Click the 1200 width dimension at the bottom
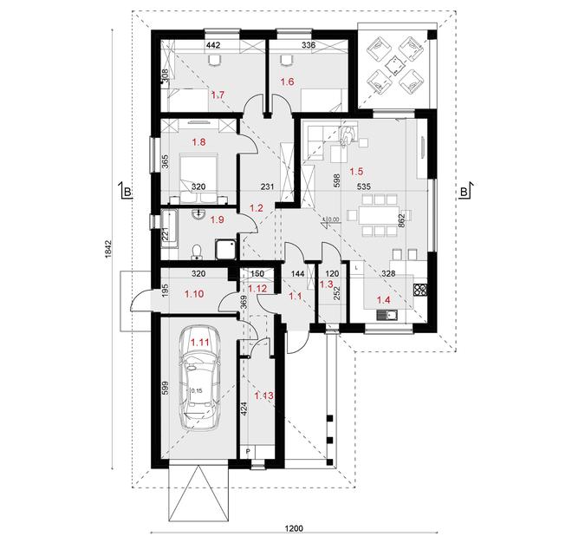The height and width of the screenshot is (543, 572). click(296, 528)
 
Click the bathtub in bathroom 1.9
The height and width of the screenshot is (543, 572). click(170, 227)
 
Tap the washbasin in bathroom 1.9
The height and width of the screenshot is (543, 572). click(200, 214)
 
